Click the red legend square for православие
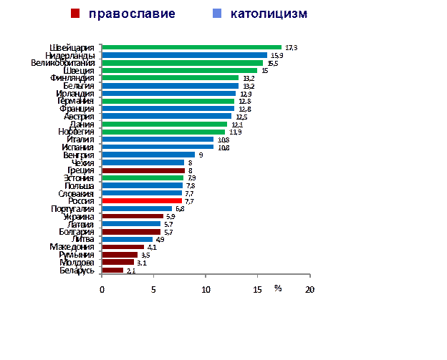click(75, 14)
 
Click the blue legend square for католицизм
click(217, 14)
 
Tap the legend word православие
click(132, 14)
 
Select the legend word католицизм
click(269, 14)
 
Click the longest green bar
click(191, 47)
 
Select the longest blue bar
click(184, 55)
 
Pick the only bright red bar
click(142, 201)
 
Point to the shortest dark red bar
click(112, 270)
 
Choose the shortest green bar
click(143, 178)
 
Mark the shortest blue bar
click(127, 239)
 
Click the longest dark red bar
click(143, 170)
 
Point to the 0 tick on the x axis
click(102, 290)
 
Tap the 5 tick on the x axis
click(153, 290)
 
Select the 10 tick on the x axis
click(206, 290)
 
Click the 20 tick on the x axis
click(309, 290)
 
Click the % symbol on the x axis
click(279, 288)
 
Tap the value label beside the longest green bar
click(290, 47)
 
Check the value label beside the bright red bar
click(189, 201)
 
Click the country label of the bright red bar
click(80, 201)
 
